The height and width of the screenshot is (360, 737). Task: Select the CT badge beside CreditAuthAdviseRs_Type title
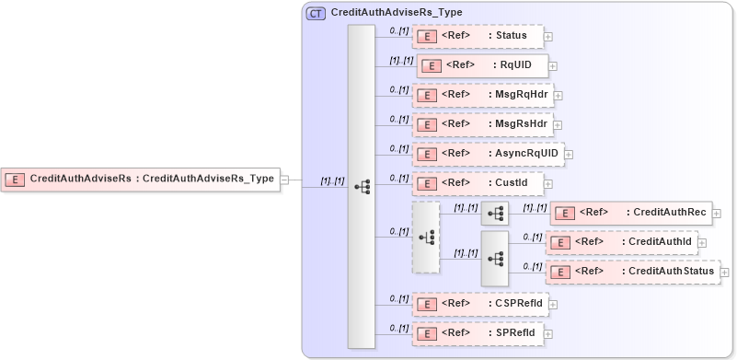click(316, 13)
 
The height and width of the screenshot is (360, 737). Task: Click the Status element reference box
click(478, 36)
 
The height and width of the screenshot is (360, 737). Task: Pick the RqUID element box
click(483, 64)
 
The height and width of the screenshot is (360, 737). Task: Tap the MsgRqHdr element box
click(481, 94)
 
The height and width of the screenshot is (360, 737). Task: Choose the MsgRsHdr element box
click(481, 123)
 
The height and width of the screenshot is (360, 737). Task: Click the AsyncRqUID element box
click(487, 153)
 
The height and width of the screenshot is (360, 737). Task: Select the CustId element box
click(477, 182)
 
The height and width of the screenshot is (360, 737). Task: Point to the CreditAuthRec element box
click(630, 213)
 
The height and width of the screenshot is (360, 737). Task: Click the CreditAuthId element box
click(621, 242)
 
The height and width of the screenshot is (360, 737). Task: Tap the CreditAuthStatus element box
click(633, 272)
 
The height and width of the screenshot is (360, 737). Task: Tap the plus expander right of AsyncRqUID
click(568, 154)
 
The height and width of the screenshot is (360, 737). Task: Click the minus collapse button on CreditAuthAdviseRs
click(285, 180)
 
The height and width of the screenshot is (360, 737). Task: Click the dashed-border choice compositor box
click(426, 238)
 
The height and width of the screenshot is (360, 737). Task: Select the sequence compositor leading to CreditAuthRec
click(494, 214)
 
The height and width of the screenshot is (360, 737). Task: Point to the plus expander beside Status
click(548, 37)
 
